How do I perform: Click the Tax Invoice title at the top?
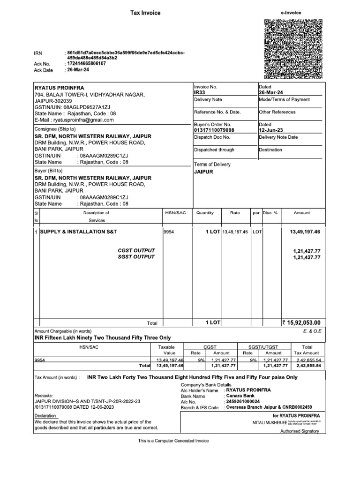(145, 13)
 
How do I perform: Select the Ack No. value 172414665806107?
(87, 63)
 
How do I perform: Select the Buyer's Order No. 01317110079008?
(214, 130)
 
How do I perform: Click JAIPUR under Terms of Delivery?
(203, 172)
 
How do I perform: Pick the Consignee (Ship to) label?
(55, 129)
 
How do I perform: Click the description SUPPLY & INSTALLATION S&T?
(78, 232)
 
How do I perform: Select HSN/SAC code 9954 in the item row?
(168, 232)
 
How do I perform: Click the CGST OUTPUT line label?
(136, 251)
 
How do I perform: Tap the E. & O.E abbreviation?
(311, 331)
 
